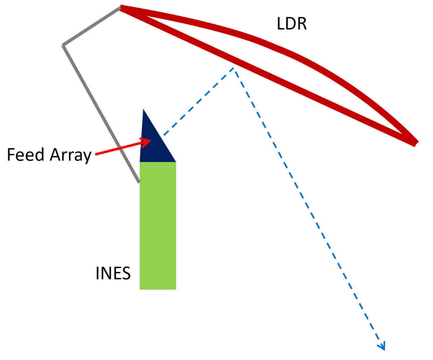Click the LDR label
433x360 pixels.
click(292, 23)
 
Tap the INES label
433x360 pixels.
click(113, 273)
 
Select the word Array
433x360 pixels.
click(71, 155)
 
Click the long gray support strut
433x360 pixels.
click(101, 113)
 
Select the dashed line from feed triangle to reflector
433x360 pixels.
click(199, 101)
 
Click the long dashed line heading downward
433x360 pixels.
click(308, 206)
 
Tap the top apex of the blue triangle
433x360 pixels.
click(143, 110)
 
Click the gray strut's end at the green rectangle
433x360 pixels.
click(139, 181)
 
